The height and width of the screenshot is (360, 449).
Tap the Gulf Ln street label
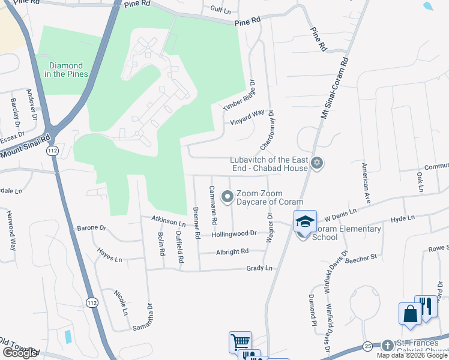click(x=220, y=10)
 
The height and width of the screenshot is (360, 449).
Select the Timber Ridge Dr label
click(x=239, y=97)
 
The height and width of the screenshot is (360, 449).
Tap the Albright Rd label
click(x=232, y=252)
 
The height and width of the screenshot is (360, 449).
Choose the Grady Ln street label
click(x=259, y=268)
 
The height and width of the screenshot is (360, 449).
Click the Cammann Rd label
click(x=212, y=205)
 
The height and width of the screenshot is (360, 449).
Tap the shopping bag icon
click(x=410, y=314)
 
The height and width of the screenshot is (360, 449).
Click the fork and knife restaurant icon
click(x=426, y=307)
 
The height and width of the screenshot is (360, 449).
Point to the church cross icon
click(x=388, y=346)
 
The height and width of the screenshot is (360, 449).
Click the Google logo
click(x=20, y=353)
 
